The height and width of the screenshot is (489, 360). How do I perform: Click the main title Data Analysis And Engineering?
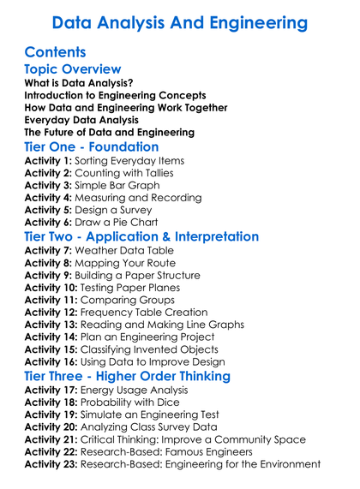click(180, 21)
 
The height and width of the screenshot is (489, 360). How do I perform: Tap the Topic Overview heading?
click(73, 69)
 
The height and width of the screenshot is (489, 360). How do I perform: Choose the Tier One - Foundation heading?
click(92, 147)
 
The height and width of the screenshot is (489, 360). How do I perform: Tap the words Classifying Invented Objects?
click(158, 350)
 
